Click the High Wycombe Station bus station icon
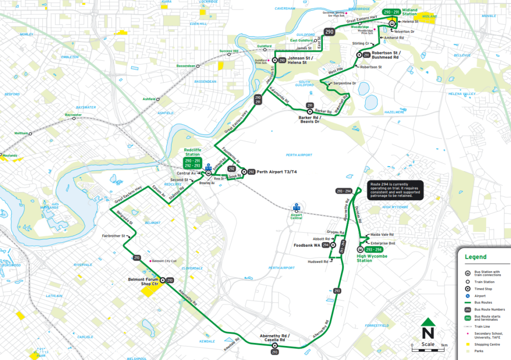[360, 250]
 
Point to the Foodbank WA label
[307, 245]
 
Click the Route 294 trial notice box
[395, 189]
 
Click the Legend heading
[475, 257]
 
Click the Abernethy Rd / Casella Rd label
[274, 338]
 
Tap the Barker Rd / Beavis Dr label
[309, 119]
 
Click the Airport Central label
[296, 217]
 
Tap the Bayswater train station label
[73, 115]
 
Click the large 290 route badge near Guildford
[329, 32]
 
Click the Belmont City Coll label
[164, 261]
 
